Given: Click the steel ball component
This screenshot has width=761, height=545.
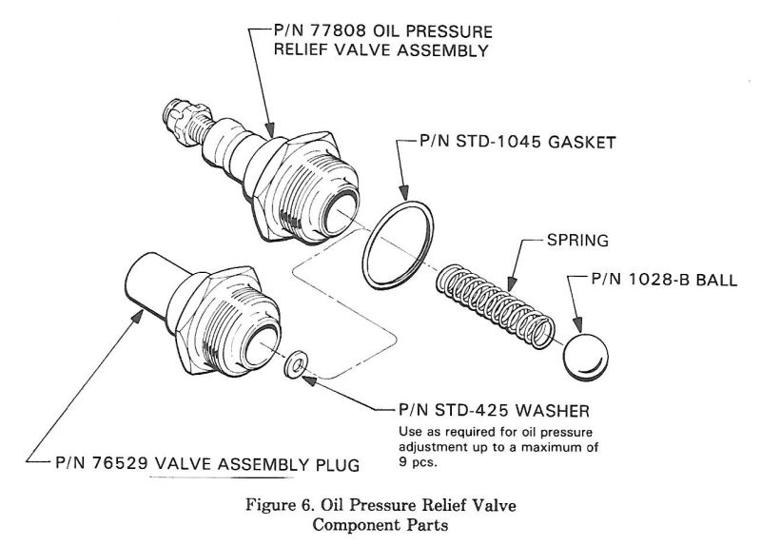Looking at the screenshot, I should click(x=585, y=355).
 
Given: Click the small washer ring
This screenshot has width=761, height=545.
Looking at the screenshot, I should click(x=297, y=362).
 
